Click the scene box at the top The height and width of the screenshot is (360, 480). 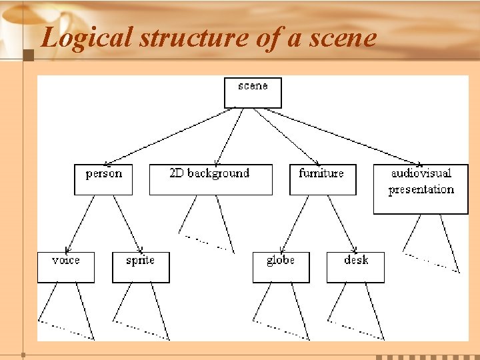253,93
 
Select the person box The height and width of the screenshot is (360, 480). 103,179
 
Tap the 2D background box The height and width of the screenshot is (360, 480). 211,179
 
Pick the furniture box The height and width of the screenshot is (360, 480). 323,179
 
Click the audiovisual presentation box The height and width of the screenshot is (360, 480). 421,189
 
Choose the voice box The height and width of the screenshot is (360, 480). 65,267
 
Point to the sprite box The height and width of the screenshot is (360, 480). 141,267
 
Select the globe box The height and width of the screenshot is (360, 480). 281,267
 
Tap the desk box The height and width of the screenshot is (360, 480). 355,267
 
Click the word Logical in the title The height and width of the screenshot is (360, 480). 88,38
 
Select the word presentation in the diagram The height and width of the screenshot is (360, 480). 421,189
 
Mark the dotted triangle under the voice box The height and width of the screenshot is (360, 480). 66,313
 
